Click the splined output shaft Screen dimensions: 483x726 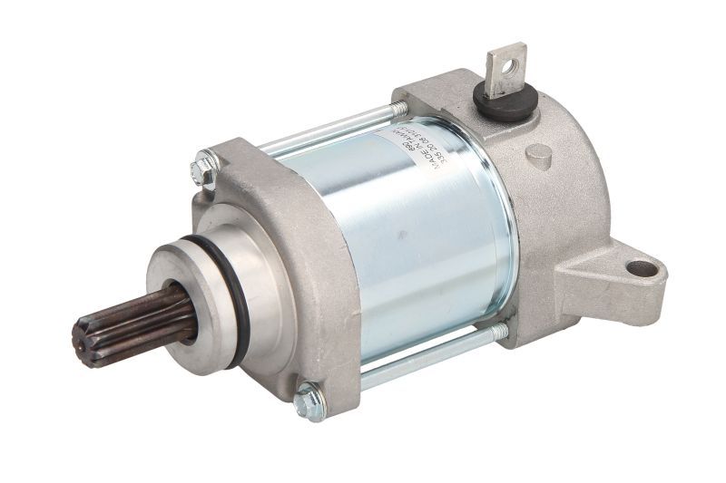[127, 322]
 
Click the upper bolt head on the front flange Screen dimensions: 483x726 [205, 168]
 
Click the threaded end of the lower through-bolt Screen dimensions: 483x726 [500, 333]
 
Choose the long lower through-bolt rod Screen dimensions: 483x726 [417, 358]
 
